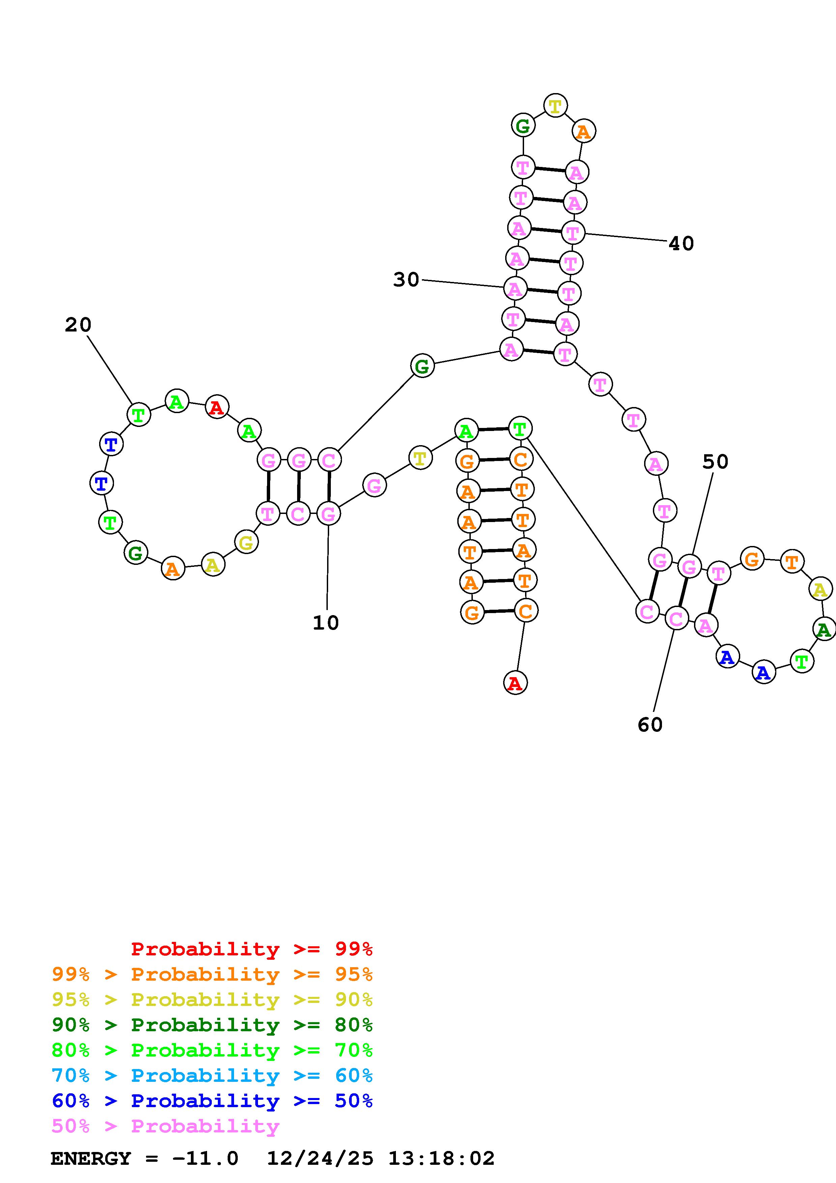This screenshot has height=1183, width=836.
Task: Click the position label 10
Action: click(x=325, y=623)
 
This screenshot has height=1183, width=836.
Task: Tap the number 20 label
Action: click(x=78, y=325)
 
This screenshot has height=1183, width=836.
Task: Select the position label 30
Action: click(x=406, y=280)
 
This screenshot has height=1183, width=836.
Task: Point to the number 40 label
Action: click(x=681, y=243)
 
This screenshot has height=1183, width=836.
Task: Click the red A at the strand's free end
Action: click(x=515, y=683)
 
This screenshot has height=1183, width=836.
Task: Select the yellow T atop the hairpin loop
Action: click(x=555, y=106)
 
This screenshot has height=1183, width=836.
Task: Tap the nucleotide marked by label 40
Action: click(x=573, y=233)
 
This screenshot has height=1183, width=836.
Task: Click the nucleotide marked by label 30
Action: click(x=515, y=289)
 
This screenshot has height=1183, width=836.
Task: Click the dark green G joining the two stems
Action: click(x=422, y=366)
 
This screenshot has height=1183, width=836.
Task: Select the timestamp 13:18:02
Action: click(x=441, y=1158)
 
